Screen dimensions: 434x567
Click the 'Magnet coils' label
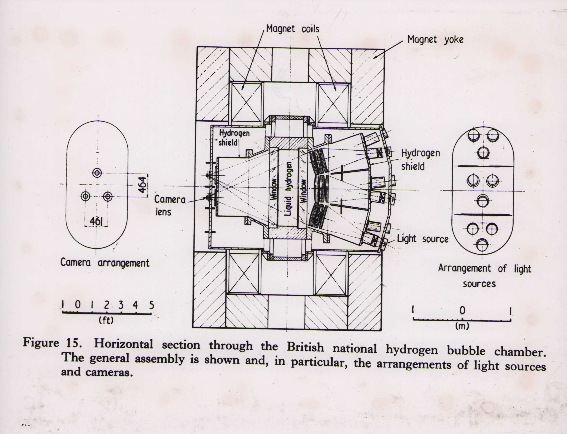[x=293, y=29]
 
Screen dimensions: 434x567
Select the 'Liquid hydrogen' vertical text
[x=290, y=189]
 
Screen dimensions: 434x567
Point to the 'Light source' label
[x=422, y=239]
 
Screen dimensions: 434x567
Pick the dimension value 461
[x=96, y=221]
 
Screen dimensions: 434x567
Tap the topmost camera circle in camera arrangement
[x=97, y=173]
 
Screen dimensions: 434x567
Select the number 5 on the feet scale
[x=151, y=305]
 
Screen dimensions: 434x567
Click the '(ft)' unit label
[x=106, y=321]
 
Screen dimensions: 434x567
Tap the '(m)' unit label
[x=462, y=326]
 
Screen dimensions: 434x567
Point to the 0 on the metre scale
[x=462, y=310]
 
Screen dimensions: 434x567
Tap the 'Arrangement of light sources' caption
[x=484, y=276]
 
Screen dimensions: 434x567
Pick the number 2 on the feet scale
[x=107, y=305]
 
